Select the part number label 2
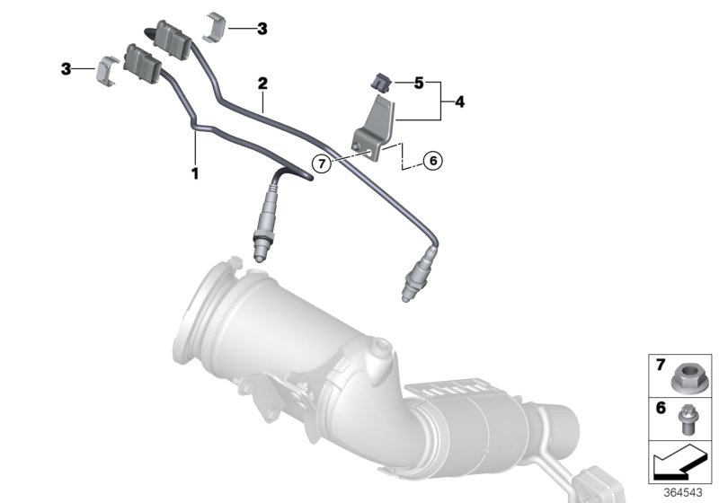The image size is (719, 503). tap(262, 83)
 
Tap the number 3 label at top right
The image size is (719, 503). tap(262, 29)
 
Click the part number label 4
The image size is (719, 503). tap(459, 102)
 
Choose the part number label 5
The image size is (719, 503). tap(418, 84)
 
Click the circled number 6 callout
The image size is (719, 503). tap(432, 161)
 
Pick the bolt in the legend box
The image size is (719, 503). tap(689, 417)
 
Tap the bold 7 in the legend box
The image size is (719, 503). tap(659, 366)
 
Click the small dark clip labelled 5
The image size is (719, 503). tap(381, 84)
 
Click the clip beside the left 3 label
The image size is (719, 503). tap(108, 69)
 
